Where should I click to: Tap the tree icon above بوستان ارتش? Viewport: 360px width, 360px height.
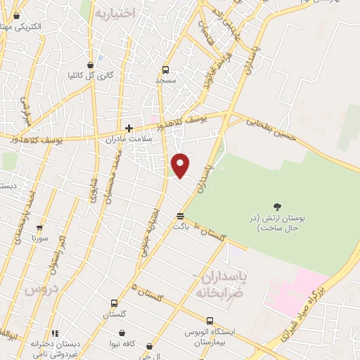tap(278, 207)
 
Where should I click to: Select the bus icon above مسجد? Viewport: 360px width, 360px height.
tap(166, 70)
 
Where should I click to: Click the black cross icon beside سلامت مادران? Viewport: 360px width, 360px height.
tap(129, 128)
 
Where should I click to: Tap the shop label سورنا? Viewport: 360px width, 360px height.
tap(39, 238)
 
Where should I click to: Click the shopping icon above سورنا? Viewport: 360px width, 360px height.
tap(39, 228)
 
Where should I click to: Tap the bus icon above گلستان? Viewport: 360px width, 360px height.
tap(114, 304)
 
